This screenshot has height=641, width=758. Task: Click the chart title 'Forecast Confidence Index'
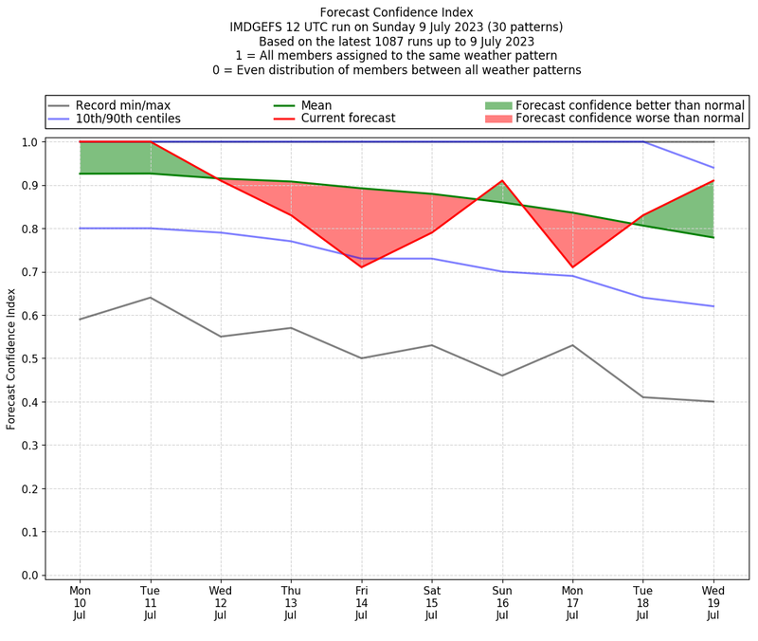(396, 12)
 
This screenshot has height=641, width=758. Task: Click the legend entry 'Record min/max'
(122, 105)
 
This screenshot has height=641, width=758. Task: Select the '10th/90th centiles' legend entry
(128, 119)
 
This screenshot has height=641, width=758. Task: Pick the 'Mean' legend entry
(316, 105)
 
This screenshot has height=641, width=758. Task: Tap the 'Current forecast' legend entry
(348, 119)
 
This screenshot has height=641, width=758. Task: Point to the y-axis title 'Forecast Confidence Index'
(12, 358)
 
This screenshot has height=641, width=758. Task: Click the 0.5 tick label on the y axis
(29, 358)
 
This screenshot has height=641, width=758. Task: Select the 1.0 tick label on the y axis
(29, 142)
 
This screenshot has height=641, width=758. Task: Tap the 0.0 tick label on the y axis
(29, 576)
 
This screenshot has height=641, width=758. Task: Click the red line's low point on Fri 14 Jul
(361, 267)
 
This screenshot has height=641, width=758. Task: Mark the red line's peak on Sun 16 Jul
(502, 180)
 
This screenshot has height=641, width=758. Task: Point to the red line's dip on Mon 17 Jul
(572, 267)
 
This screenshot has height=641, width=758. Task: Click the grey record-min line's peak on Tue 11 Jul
(150, 298)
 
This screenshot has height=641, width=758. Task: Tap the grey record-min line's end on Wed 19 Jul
(713, 402)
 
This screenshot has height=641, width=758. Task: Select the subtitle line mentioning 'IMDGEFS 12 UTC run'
(396, 27)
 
